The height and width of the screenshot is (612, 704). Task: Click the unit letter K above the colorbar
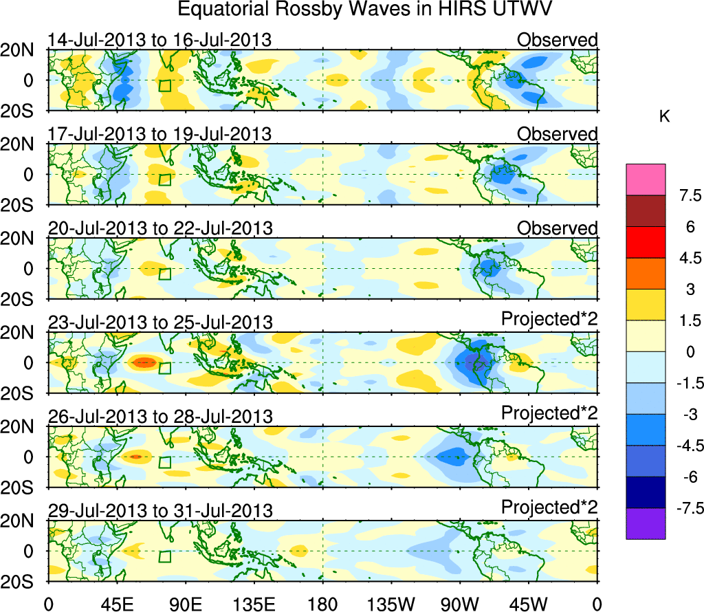664,117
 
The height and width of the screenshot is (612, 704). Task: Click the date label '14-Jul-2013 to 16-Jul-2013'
159,41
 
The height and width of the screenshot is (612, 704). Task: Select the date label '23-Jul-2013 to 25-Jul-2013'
159,322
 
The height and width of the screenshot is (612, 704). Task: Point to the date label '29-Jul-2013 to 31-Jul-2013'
159,510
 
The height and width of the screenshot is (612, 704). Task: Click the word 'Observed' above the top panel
557,41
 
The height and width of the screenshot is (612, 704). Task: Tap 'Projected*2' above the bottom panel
549,507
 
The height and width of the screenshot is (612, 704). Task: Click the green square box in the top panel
164,85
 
